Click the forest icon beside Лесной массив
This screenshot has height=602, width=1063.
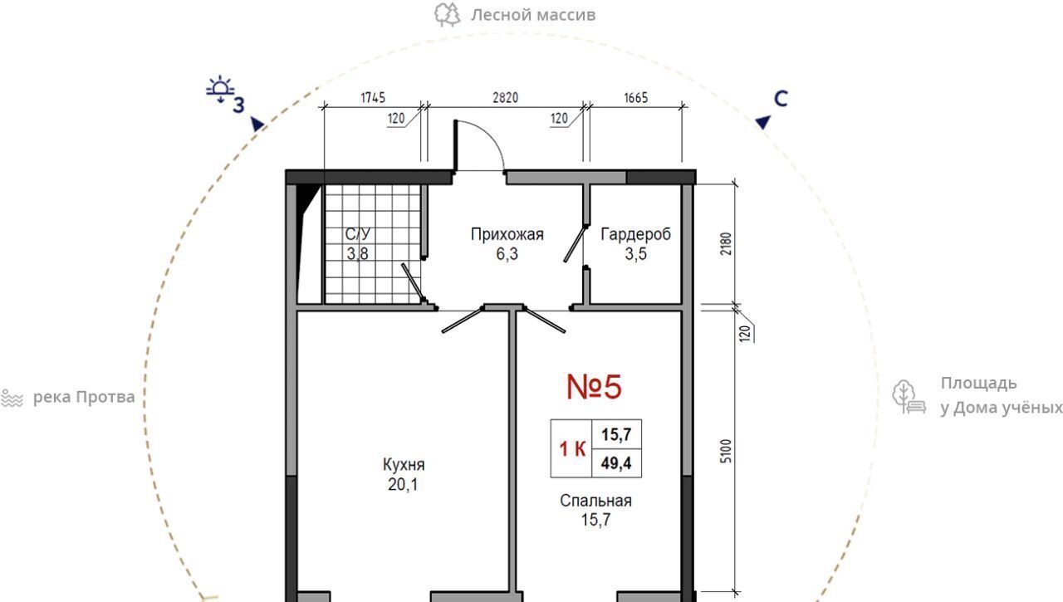click(x=448, y=15)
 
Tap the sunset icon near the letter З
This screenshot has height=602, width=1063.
click(x=220, y=89)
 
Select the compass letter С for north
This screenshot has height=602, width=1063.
click(x=781, y=99)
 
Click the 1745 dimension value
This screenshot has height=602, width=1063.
click(x=373, y=98)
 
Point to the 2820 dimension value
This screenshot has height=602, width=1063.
click(x=506, y=98)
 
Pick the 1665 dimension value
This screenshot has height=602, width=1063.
click(x=636, y=98)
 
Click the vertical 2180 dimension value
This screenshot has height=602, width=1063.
click(x=726, y=243)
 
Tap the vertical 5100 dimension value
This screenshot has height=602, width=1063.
click(x=726, y=451)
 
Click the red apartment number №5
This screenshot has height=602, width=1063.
click(x=594, y=387)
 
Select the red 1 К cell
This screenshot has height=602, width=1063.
click(x=572, y=448)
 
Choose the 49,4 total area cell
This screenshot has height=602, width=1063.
click(x=616, y=463)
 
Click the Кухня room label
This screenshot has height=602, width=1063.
click(x=404, y=464)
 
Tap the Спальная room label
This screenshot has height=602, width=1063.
click(x=595, y=501)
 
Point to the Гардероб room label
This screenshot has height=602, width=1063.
click(x=636, y=234)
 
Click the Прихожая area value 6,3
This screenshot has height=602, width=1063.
click(x=507, y=254)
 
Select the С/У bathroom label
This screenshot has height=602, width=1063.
click(x=358, y=233)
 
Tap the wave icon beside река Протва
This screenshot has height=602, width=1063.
click(x=12, y=398)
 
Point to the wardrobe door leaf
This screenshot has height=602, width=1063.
click(x=574, y=244)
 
